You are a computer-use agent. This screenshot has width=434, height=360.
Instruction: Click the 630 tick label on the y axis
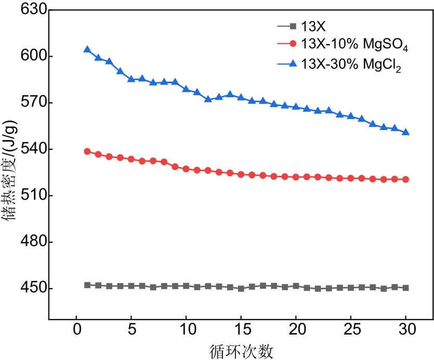coord(31,10)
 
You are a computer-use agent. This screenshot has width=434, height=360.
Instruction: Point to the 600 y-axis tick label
coord(31,56)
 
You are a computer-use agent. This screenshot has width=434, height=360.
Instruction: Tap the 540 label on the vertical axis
coord(31,149)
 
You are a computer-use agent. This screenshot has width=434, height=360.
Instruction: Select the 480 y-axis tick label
coord(31,242)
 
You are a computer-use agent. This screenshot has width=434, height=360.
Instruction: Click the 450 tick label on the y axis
coord(31,289)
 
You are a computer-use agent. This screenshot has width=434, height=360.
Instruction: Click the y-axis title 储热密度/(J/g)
coord(11,171)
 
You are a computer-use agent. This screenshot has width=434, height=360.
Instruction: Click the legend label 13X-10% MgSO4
coord(354,46)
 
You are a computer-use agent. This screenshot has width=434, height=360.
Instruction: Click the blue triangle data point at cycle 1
coord(87,49)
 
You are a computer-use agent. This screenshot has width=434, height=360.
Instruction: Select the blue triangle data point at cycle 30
coord(405,132)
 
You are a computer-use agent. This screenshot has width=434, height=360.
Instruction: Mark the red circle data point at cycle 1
coord(87,151)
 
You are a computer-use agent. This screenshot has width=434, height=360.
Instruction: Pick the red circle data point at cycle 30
coord(405,179)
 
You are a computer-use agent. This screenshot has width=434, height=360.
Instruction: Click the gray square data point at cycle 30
coord(405,288)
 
